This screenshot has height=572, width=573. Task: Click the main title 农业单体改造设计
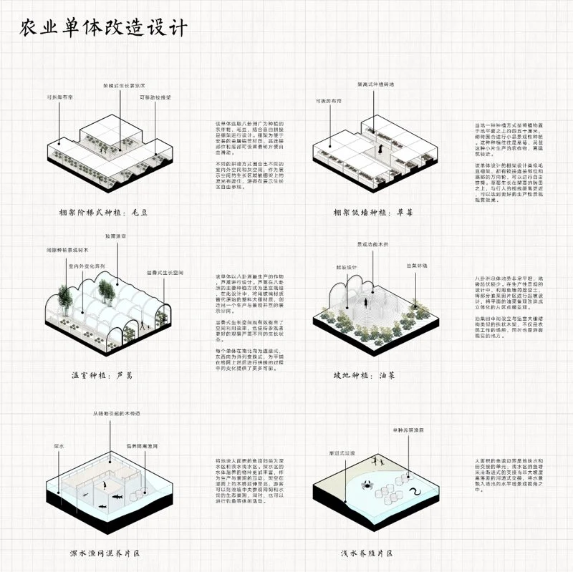pyautogui.click(x=102, y=28)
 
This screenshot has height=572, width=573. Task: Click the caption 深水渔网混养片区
pyautogui.click(x=105, y=553)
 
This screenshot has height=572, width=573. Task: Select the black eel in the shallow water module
pyautogui.click(x=413, y=493)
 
